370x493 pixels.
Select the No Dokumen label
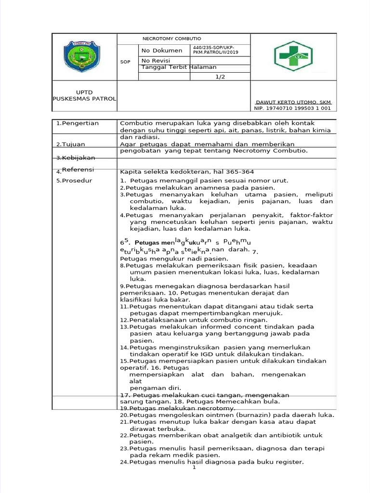(162, 51)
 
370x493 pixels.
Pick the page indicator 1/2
(220, 77)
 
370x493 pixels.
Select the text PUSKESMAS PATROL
(84, 99)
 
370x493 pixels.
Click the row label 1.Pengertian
(77, 123)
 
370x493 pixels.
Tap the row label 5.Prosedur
(74, 181)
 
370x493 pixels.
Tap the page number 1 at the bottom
(194, 467)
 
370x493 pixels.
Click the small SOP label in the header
(125, 62)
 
